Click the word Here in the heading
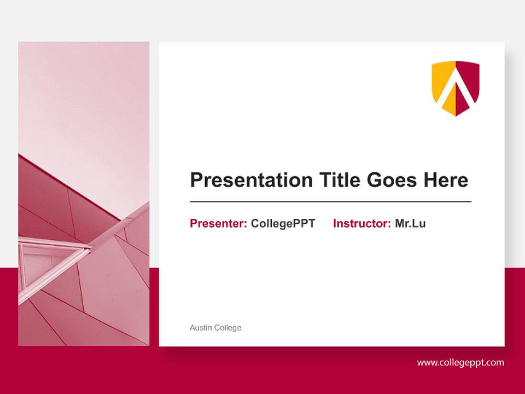point(446,180)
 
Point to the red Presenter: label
point(218,223)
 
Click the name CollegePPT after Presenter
point(283,223)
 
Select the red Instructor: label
point(361,223)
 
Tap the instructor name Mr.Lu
point(410,223)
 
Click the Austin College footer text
point(215,328)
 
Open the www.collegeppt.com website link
point(460,362)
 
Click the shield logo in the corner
point(456,88)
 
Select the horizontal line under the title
point(330,202)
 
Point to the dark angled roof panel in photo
point(49,197)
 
